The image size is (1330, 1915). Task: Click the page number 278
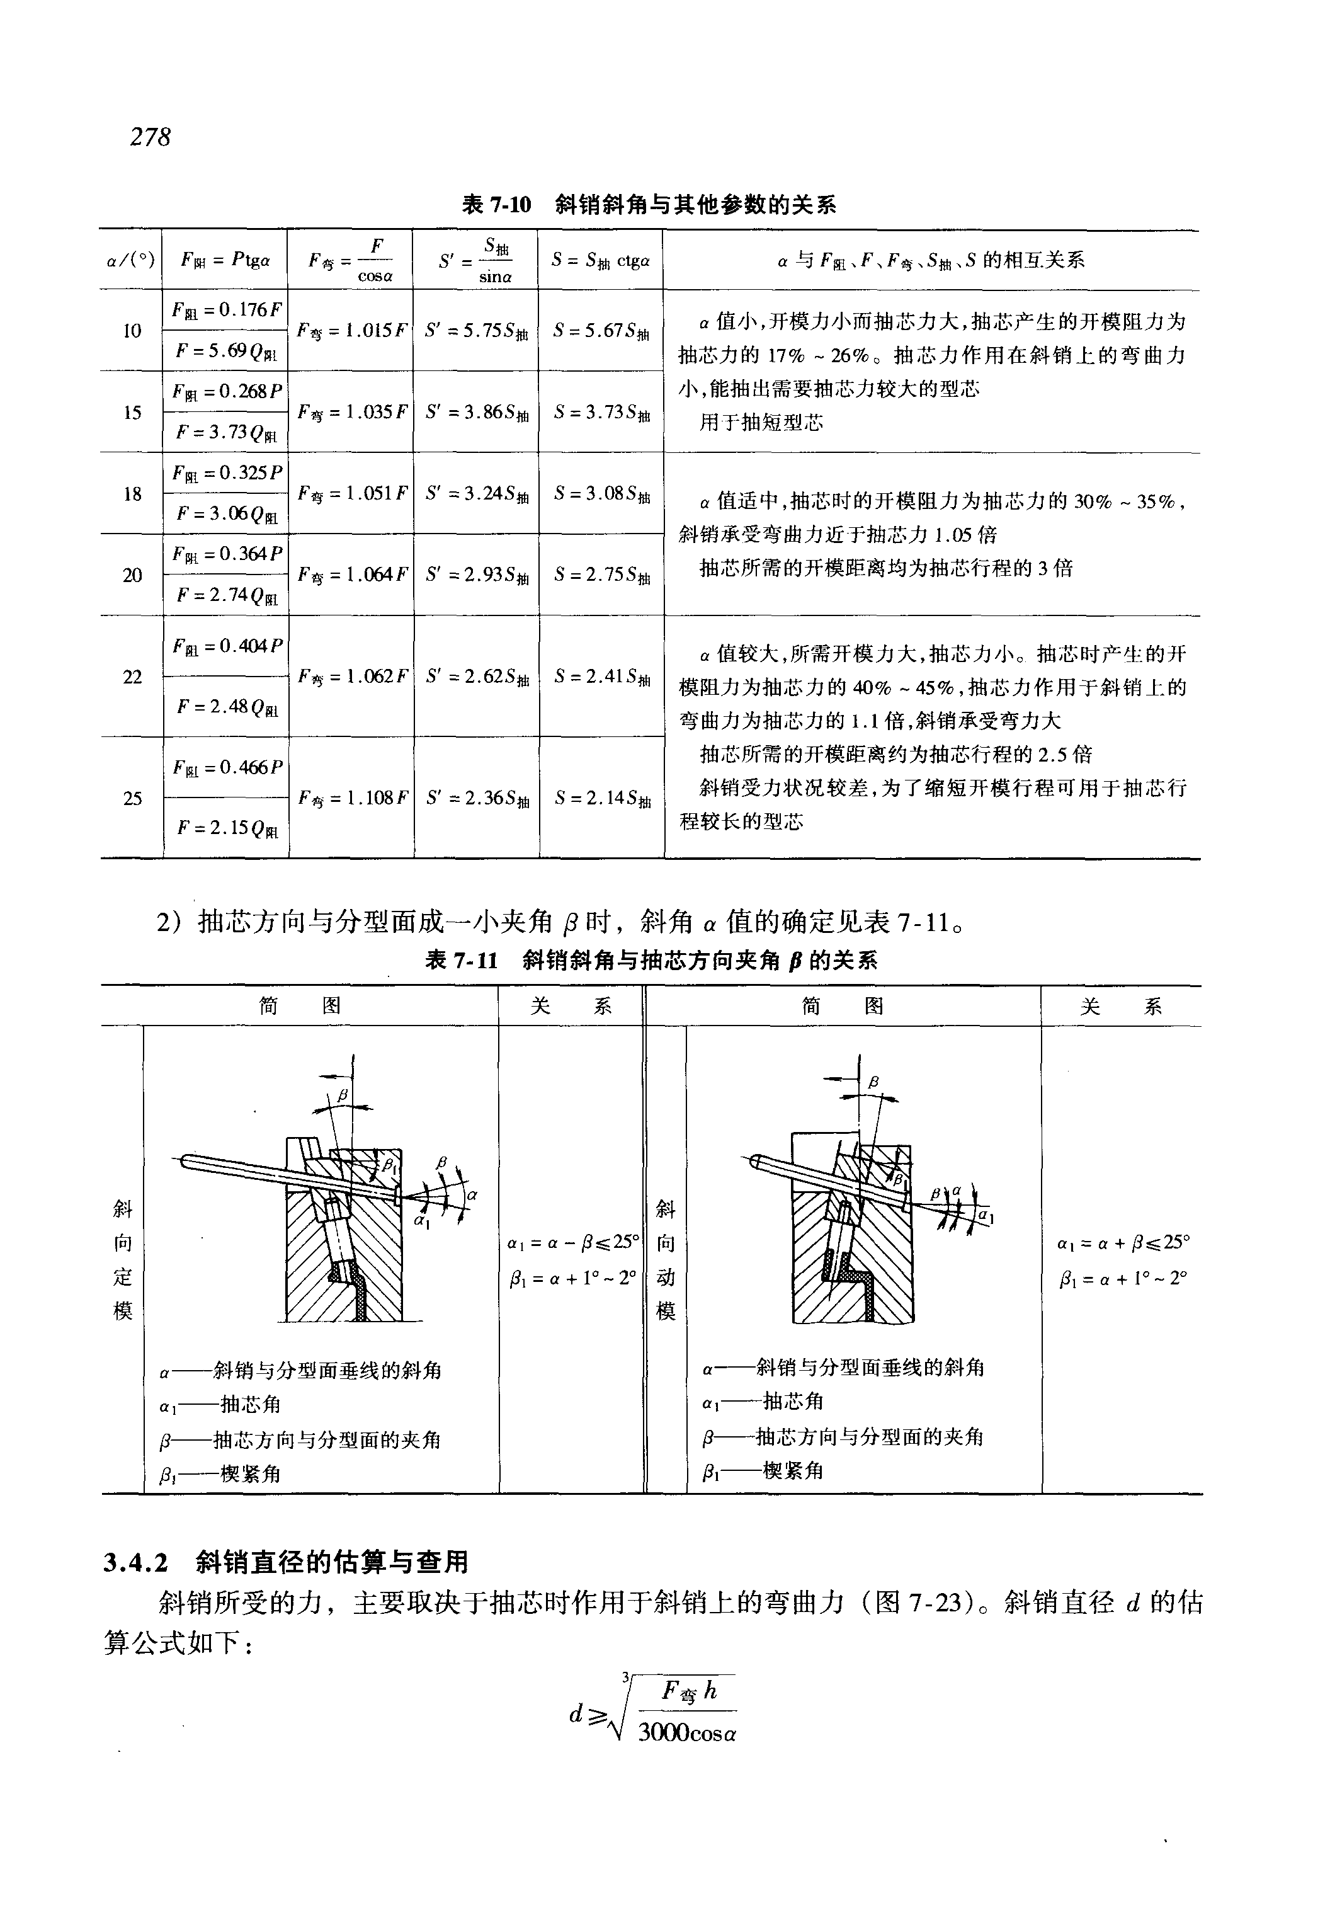click(150, 137)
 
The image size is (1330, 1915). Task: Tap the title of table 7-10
click(649, 204)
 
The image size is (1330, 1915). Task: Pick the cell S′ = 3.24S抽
click(477, 493)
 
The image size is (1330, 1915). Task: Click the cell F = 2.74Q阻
click(227, 595)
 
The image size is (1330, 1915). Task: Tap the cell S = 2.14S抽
click(601, 799)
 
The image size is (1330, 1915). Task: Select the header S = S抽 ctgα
click(600, 261)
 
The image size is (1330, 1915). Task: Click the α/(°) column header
click(131, 261)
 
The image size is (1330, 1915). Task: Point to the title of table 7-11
click(651, 961)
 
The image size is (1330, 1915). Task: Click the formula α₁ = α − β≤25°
click(572, 1242)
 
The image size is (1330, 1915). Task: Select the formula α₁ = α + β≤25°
click(1122, 1242)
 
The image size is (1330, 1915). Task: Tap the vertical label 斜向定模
click(123, 1259)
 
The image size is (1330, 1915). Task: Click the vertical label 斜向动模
click(666, 1259)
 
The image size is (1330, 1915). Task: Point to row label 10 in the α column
click(132, 331)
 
